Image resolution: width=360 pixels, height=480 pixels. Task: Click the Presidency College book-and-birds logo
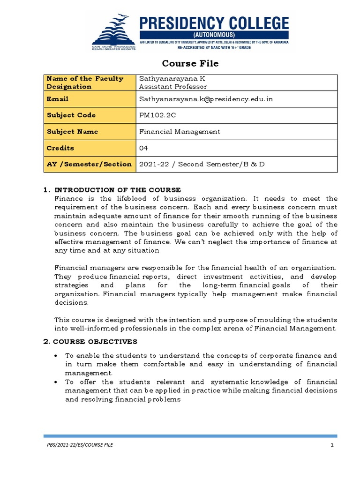tap(114, 31)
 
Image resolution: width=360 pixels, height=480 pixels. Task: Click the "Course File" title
tap(190, 63)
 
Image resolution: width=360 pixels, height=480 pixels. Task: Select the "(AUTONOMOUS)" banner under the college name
tap(214, 35)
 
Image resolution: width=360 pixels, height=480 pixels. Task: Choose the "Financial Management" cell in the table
tap(180, 132)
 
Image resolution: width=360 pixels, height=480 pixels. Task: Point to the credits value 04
tap(144, 148)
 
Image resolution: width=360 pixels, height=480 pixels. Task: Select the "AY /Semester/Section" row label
tap(89, 164)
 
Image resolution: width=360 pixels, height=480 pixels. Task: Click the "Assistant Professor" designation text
tap(173, 87)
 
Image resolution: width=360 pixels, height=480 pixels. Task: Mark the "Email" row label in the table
tap(57, 99)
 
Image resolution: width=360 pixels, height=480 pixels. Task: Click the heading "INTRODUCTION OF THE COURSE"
tap(118, 190)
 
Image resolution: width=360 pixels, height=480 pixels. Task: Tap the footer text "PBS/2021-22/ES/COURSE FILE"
tap(79, 444)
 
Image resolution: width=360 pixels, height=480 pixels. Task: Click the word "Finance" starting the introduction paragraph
tap(68, 199)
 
